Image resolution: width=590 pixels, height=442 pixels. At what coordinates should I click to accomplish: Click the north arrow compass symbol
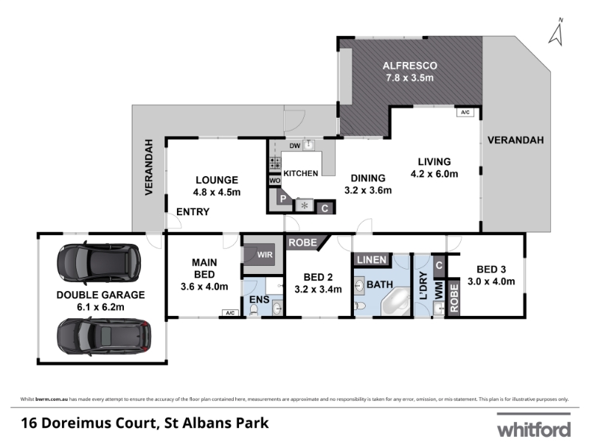tap(557, 32)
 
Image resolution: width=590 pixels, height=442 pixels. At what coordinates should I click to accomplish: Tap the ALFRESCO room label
tap(410, 66)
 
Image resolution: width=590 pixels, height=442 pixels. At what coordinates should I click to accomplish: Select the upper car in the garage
tap(99, 263)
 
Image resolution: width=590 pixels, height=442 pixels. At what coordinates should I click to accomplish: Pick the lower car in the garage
tap(104, 337)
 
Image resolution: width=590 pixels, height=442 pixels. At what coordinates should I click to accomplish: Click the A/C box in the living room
tap(465, 113)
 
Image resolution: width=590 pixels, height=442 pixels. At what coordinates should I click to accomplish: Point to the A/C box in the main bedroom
tap(230, 312)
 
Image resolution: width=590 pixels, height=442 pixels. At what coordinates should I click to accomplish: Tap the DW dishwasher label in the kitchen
tap(294, 146)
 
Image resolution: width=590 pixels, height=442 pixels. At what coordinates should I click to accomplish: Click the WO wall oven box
tap(274, 180)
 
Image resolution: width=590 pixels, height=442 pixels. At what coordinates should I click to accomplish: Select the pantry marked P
tap(283, 198)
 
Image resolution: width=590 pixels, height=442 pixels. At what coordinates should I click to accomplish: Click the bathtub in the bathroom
tap(396, 302)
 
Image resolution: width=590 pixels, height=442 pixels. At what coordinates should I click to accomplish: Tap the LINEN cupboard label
tap(372, 260)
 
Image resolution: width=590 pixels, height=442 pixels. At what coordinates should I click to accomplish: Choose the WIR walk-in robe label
tap(265, 254)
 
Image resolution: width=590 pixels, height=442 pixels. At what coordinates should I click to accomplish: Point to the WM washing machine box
tap(439, 290)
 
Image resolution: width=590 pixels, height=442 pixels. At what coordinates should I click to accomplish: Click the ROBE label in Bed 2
tap(303, 243)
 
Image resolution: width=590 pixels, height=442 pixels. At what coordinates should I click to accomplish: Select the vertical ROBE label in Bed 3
tap(454, 298)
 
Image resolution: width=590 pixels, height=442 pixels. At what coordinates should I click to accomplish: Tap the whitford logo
tap(534, 427)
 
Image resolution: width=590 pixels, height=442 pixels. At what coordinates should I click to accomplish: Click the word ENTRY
tap(193, 212)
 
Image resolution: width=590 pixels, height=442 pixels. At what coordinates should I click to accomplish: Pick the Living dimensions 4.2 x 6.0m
tap(434, 174)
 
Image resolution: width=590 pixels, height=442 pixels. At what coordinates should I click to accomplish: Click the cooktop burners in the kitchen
tap(275, 162)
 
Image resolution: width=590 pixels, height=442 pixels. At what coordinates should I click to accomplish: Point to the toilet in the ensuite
tap(254, 309)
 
